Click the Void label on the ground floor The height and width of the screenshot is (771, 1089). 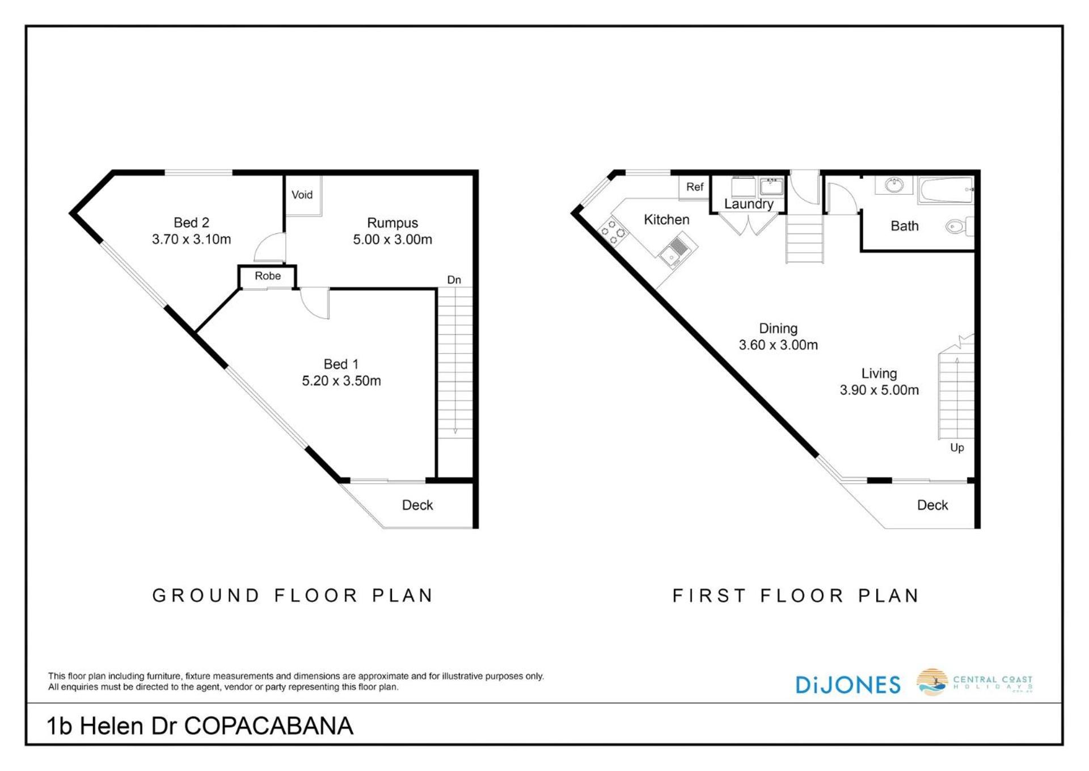302,195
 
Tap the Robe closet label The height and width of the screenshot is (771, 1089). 268,276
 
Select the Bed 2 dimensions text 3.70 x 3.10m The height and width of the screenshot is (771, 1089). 192,239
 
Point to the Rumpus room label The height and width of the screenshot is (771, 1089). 392,223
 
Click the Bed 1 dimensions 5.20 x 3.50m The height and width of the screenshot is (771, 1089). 341,380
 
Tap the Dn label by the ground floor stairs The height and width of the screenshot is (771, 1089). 454,280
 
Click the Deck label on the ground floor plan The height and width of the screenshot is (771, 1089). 417,505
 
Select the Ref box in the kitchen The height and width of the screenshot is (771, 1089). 695,187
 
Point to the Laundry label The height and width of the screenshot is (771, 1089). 749,204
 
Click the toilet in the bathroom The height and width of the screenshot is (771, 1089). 960,227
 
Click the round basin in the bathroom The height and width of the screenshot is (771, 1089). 894,185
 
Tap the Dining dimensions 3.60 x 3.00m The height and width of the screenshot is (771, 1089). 778,345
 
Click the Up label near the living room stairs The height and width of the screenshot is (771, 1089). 957,447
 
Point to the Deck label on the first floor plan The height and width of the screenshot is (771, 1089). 932,505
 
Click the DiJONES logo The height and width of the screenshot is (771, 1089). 848,685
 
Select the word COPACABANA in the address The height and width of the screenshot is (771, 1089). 269,726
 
